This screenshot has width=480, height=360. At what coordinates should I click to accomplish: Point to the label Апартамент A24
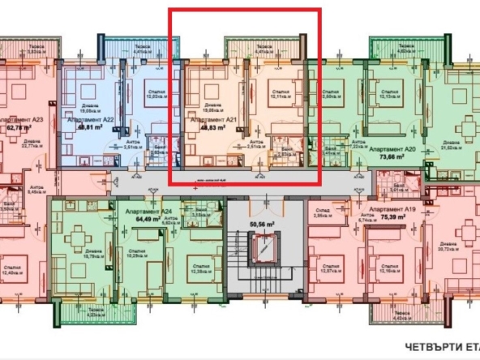[150, 208]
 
